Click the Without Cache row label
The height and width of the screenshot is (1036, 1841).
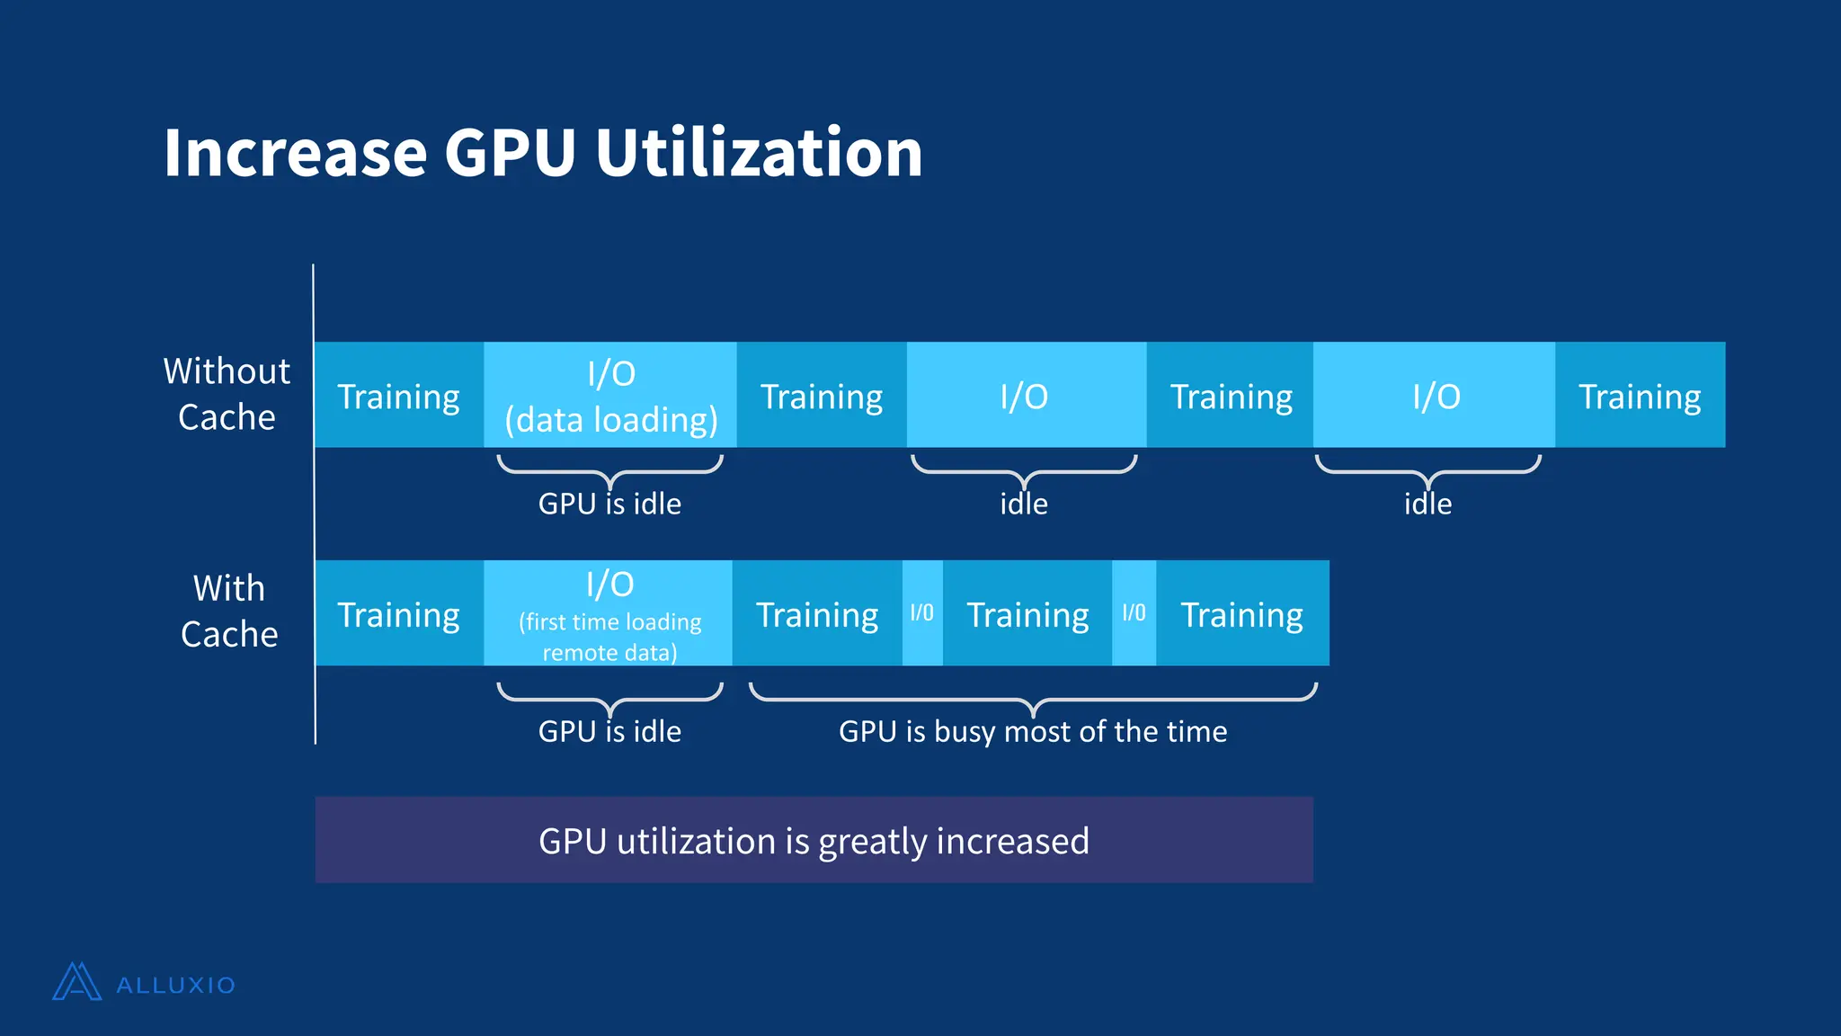coord(227,394)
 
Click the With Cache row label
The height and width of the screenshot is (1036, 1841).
coord(229,612)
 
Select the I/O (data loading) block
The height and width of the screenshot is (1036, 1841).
coord(610,396)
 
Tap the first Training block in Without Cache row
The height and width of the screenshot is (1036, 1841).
coord(398,396)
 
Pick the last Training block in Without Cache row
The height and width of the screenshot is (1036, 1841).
coord(1640,396)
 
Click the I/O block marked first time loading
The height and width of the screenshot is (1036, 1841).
coord(609,614)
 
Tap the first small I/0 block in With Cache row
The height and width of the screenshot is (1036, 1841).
coord(922,613)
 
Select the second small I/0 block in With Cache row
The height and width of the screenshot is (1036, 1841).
coord(1134,613)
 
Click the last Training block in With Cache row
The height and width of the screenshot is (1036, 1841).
coord(1241,614)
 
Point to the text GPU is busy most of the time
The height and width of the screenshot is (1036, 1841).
coord(1033,731)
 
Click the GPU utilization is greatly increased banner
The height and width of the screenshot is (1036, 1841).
coord(814,840)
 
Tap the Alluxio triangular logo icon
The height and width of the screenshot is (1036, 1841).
coord(76,982)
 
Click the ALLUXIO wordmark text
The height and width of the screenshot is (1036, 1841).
coord(176,986)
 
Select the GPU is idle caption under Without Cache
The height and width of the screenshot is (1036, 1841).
coord(609,504)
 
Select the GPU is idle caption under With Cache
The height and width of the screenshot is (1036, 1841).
coord(609,731)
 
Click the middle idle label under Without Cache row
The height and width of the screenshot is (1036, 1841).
coord(1024,504)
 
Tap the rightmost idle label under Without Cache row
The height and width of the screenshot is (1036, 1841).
coord(1427,504)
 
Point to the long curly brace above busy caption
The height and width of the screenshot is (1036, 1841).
coord(1033,696)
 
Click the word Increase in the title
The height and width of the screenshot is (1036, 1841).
coord(295,153)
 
